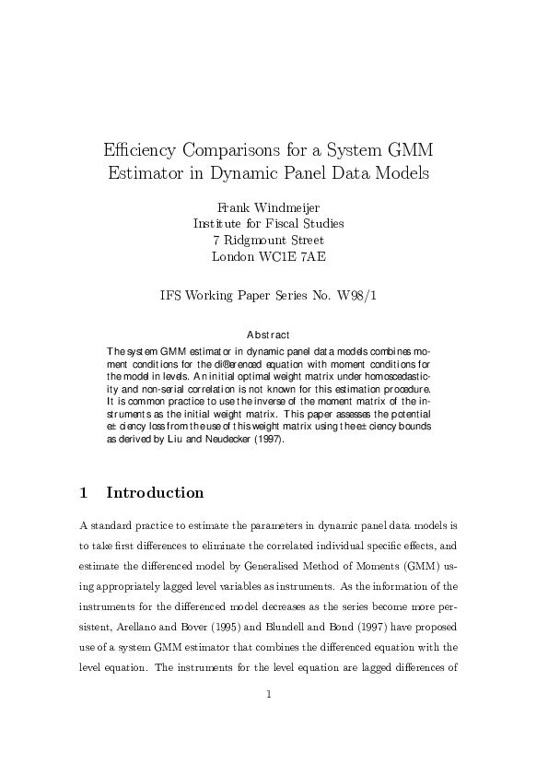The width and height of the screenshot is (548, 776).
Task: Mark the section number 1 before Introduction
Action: pyautogui.click(x=84, y=492)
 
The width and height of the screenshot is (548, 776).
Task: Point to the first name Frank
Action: pyautogui.click(x=233, y=206)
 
